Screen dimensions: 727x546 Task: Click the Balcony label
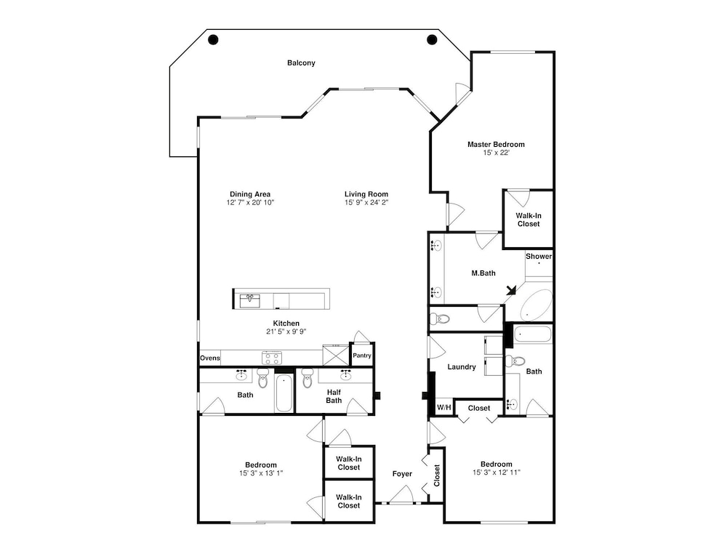point(301,63)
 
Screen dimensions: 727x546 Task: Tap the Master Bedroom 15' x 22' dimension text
point(496,153)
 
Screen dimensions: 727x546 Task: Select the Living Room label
point(366,194)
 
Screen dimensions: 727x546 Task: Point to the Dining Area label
point(250,194)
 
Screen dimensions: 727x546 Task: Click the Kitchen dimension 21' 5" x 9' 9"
point(286,332)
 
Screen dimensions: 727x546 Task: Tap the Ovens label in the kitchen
point(210,358)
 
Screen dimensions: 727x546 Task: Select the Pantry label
point(361,356)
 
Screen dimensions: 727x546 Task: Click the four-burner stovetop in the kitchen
point(272,358)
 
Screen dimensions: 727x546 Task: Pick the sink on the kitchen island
point(249,300)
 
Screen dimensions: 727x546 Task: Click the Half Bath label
point(334,396)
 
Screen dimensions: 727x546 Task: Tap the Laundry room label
point(462,366)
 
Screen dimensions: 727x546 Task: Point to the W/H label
point(443,407)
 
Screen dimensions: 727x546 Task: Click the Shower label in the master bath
point(539,257)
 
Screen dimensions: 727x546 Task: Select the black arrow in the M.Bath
point(511,290)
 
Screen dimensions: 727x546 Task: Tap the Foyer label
point(402,474)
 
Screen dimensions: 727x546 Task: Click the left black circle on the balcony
point(213,40)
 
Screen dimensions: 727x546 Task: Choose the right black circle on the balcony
point(432,40)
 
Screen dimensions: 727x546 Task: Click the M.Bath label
point(483,273)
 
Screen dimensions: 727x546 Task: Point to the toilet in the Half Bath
point(307,378)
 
